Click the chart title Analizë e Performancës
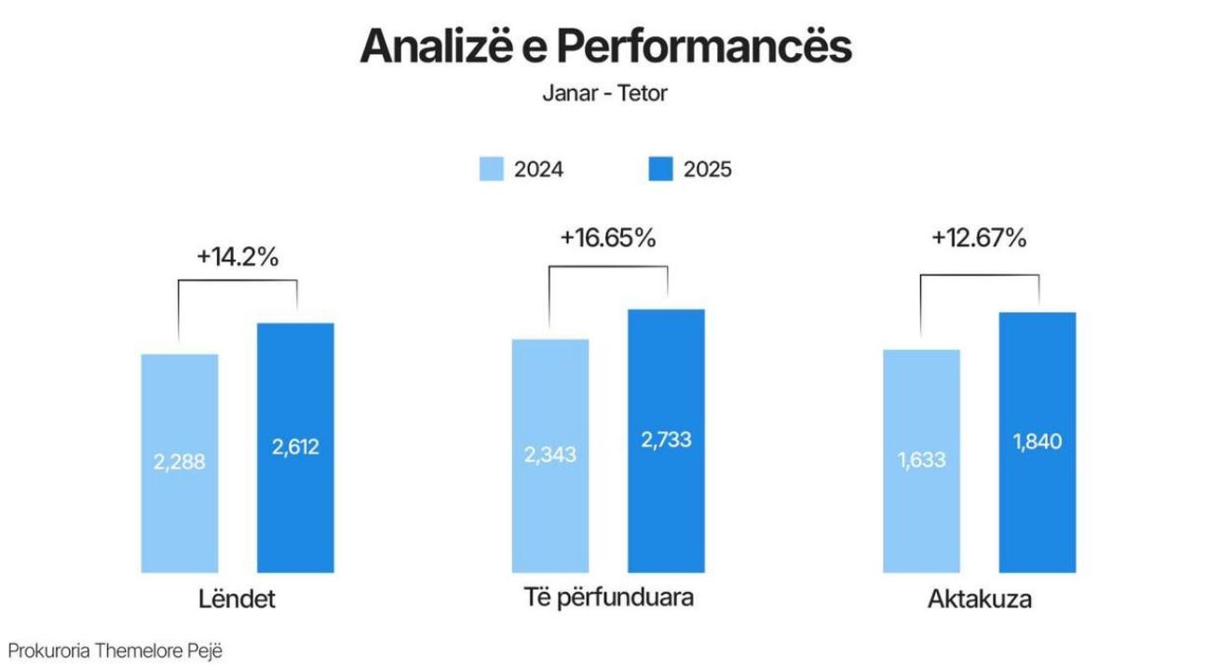point(605,47)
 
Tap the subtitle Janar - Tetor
point(604,94)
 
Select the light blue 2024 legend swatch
point(491,170)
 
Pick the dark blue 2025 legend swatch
point(659,170)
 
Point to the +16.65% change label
point(608,238)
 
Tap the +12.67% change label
point(979,238)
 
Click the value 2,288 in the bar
point(180,460)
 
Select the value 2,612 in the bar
point(295,446)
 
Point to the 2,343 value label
point(550,455)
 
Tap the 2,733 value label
point(666,440)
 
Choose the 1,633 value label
point(920,458)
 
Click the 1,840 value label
point(1037,442)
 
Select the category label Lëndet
point(237,599)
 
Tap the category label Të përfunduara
point(608,597)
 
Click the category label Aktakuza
point(979,599)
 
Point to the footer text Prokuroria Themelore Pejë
point(116,651)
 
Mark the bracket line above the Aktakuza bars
point(979,274)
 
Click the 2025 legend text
point(708,170)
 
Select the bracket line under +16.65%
point(608,267)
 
